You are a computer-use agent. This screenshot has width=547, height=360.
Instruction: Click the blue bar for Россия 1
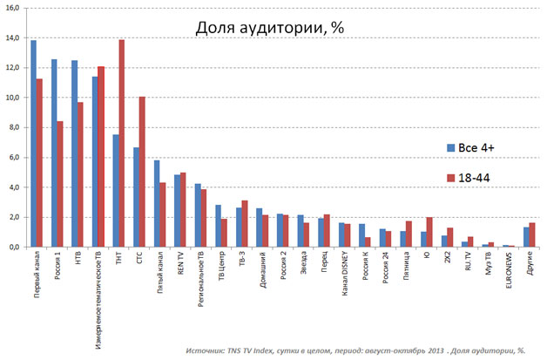(54, 153)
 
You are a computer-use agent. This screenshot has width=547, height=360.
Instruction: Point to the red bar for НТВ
(81, 174)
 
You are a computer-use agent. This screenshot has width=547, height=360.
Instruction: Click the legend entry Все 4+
(476, 146)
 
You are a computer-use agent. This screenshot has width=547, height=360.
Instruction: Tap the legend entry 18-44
(474, 178)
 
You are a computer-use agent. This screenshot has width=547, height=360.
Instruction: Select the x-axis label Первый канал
(37, 277)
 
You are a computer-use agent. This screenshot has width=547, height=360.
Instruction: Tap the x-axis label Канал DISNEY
(343, 279)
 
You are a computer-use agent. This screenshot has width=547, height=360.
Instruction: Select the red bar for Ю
(429, 232)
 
